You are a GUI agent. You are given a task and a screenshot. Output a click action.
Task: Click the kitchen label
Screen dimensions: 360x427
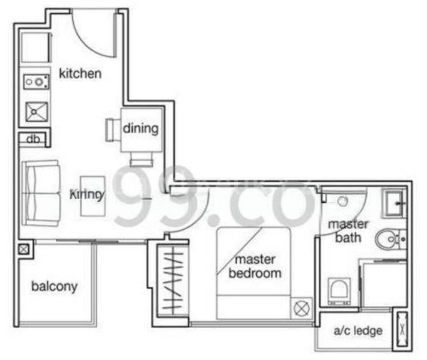pos(80,74)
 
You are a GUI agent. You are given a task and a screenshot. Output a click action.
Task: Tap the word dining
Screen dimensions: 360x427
pos(141,128)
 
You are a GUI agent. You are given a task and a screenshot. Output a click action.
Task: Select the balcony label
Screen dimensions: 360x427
pos(54,286)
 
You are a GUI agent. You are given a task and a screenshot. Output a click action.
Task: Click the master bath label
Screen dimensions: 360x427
pos(344,231)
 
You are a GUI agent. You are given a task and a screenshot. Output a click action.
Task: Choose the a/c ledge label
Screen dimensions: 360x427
pos(358,331)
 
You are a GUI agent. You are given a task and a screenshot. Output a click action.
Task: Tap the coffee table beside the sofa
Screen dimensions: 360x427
pos(93,196)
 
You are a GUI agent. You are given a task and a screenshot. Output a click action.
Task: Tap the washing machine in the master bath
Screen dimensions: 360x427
pos(339,290)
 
